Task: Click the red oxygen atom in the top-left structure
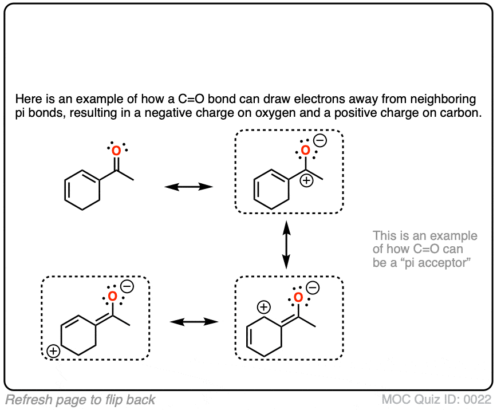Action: (x=116, y=151)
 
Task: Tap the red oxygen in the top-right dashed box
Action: (x=305, y=151)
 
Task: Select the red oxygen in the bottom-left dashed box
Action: (x=113, y=297)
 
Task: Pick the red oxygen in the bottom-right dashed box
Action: (x=298, y=297)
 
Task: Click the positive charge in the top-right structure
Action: (x=306, y=181)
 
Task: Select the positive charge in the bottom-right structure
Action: (x=263, y=308)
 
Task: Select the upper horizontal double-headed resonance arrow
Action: (x=188, y=187)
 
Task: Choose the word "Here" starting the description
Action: (x=27, y=98)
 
